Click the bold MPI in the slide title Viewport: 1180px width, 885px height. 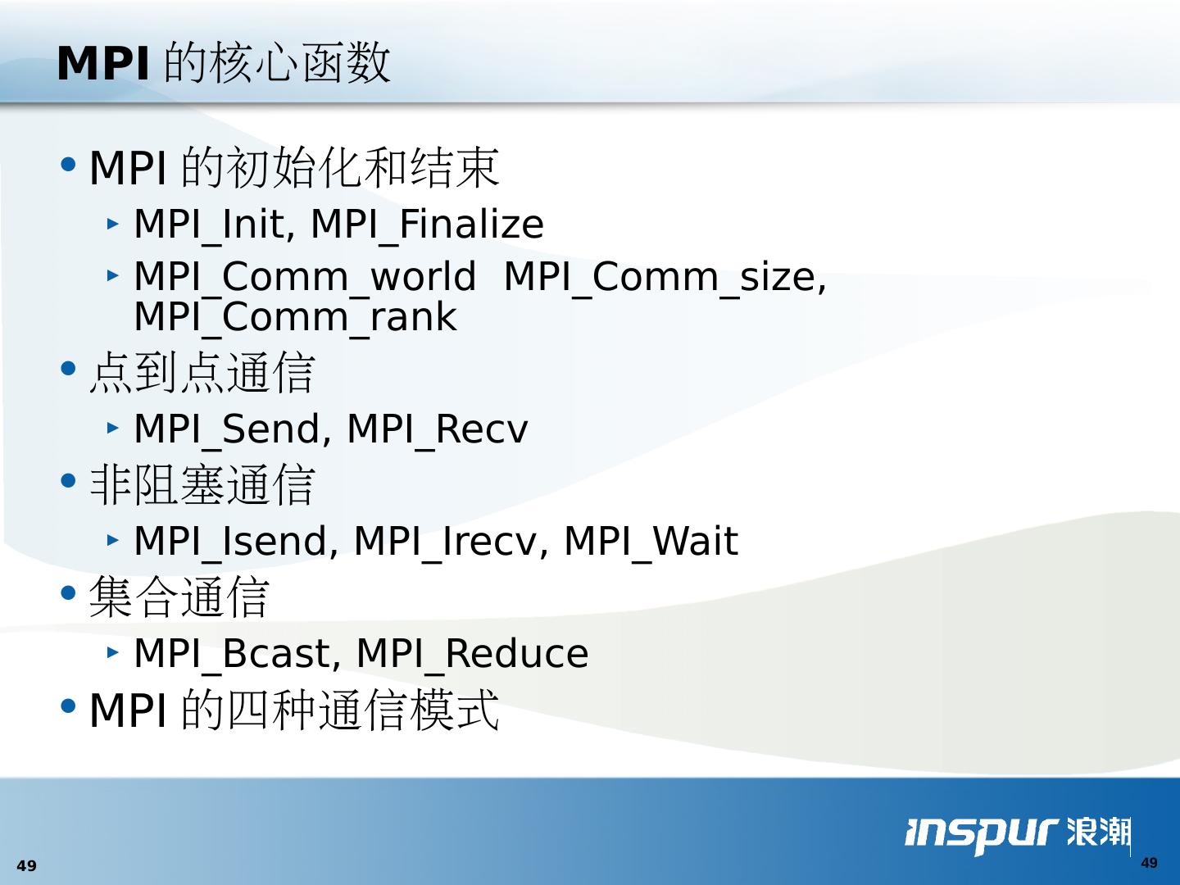[102, 63]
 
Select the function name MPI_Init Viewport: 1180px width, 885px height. [210, 225]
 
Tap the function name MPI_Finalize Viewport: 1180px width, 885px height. [428, 225]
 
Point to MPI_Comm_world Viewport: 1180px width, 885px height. [305, 278]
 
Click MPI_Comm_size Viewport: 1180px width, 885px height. [660, 278]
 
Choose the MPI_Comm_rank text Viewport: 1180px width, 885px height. [295, 318]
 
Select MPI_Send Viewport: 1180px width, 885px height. [227, 430]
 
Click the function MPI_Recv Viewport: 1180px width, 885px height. [438, 430]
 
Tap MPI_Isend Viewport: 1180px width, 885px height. [230, 542]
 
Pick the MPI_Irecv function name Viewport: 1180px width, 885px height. [445, 542]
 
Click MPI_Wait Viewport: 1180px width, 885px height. [651, 542]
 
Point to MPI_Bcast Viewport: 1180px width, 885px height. [232, 655]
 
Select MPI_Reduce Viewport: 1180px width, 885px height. [473, 655]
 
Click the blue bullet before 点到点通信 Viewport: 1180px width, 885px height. [68, 369]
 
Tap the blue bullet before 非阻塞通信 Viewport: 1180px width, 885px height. [68, 480]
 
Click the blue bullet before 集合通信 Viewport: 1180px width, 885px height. [68, 593]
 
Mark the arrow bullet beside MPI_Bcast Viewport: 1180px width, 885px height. [112, 653]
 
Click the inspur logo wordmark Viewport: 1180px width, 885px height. [982, 834]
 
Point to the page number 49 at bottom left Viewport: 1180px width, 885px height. [26, 865]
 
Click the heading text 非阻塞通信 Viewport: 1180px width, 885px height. [202, 485]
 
